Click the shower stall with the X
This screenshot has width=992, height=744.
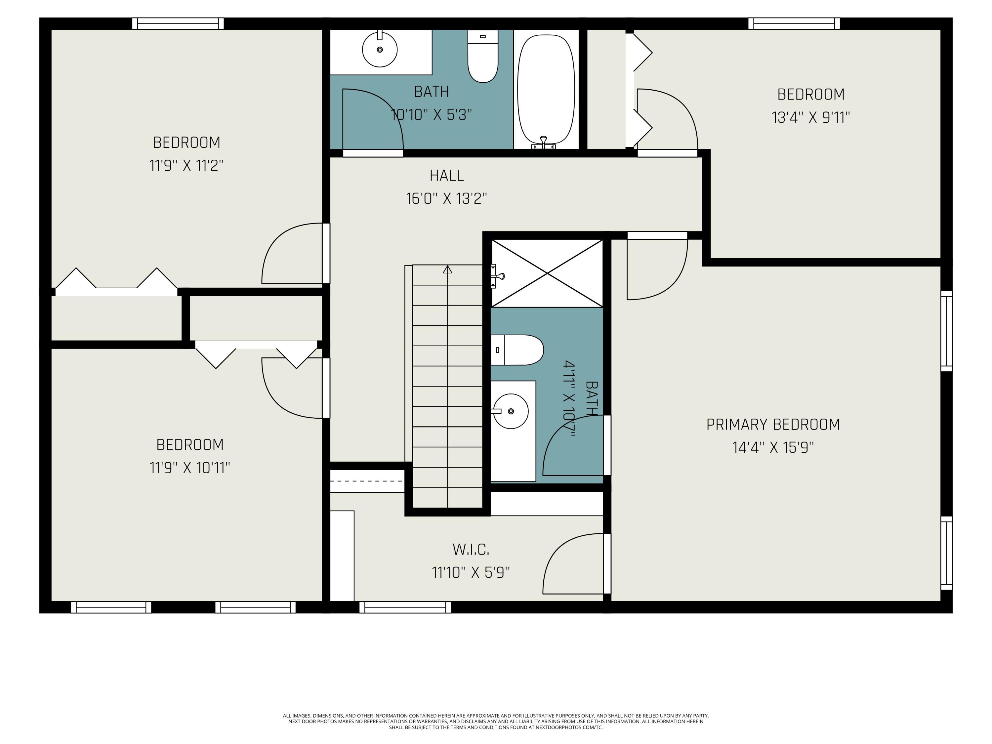pyautogui.click(x=547, y=273)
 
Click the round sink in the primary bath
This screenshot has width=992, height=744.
pyautogui.click(x=511, y=411)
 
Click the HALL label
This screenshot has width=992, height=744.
pyautogui.click(x=447, y=175)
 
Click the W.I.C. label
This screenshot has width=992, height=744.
pyautogui.click(x=471, y=549)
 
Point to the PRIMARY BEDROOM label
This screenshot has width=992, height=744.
pyautogui.click(x=773, y=424)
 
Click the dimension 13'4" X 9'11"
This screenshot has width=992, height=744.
pyautogui.click(x=810, y=117)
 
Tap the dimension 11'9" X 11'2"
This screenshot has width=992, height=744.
pyautogui.click(x=186, y=165)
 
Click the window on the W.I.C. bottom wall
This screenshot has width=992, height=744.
pyautogui.click(x=405, y=607)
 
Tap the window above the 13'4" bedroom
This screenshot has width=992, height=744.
pyautogui.click(x=794, y=23)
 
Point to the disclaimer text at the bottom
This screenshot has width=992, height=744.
pyautogui.click(x=496, y=722)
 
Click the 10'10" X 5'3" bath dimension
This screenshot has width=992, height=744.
pyautogui.click(x=432, y=115)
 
